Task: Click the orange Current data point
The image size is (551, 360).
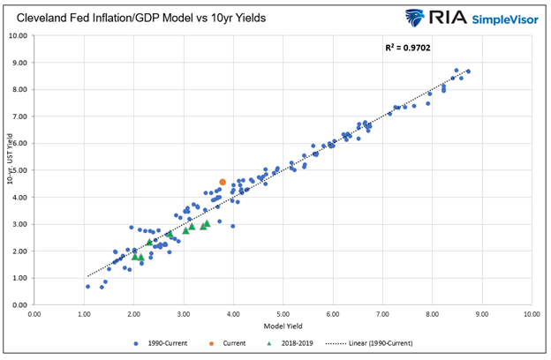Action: point(223,182)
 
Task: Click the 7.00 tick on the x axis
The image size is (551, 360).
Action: point(381,314)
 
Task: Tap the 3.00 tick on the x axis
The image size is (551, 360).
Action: point(184,314)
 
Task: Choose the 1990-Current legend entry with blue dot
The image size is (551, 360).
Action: point(160,342)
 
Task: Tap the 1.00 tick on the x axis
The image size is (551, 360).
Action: point(84,314)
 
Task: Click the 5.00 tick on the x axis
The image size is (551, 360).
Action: point(283,314)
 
